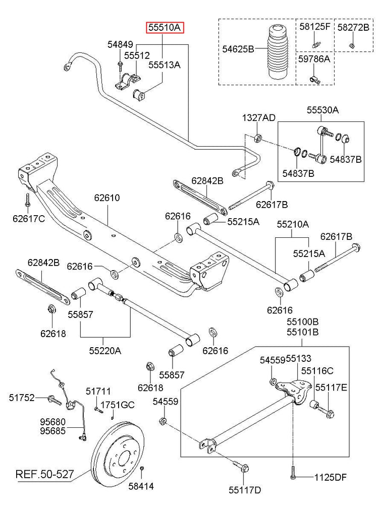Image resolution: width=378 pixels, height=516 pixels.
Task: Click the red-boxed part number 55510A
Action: coord(166,28)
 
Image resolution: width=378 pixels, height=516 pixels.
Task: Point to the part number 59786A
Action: coord(313,59)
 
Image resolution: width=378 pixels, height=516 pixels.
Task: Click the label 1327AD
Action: coord(259,118)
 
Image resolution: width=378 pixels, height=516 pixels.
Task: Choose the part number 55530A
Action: coord(323,109)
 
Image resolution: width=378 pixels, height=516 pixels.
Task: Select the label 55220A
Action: coord(105,351)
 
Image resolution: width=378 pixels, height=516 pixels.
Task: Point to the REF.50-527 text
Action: coord(45,474)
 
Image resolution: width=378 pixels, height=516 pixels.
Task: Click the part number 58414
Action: coord(141,487)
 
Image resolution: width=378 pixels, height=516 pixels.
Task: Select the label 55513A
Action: coord(165,64)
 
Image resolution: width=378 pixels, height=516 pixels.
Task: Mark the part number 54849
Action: coord(121,44)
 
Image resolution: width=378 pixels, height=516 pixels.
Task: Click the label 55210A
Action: coord(292,223)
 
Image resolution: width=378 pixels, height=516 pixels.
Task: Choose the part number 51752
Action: coord(21,398)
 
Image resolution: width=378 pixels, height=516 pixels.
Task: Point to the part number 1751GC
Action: coord(117,405)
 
